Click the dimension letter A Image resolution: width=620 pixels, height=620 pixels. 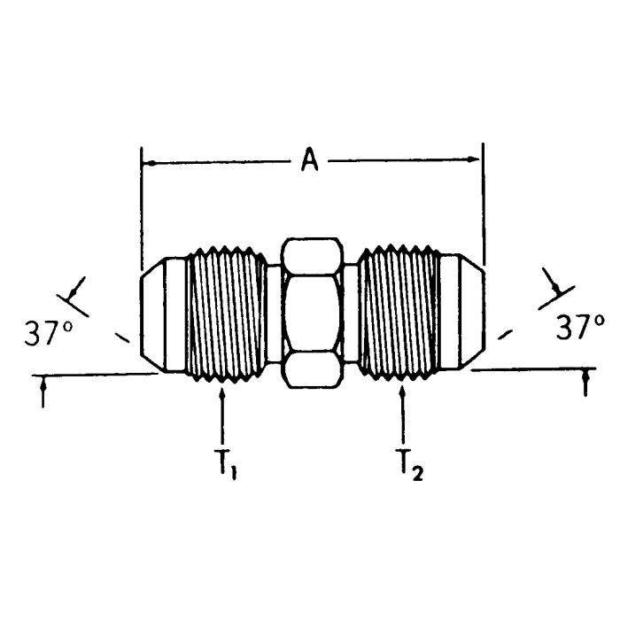click(x=310, y=160)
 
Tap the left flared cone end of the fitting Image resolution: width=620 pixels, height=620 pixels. click(x=164, y=314)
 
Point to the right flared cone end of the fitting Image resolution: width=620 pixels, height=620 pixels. click(x=461, y=314)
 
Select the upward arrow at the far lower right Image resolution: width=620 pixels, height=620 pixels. click(x=585, y=383)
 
